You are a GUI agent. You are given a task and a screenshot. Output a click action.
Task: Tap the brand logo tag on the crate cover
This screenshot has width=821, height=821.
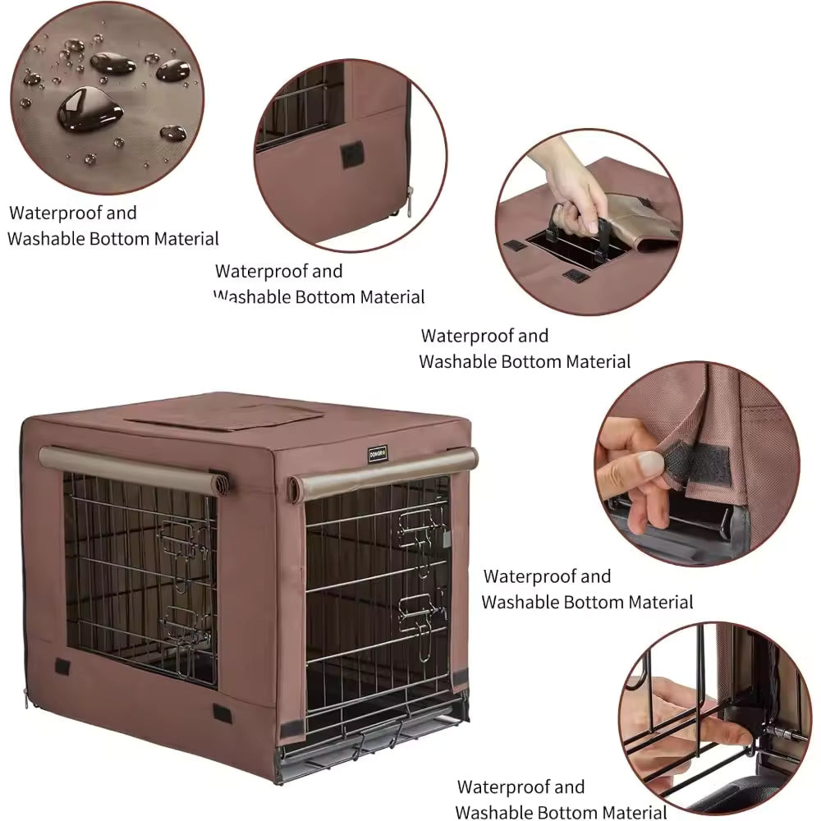[x=377, y=451]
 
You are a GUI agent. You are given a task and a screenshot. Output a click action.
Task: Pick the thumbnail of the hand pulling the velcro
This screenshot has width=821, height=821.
[x=697, y=463]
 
